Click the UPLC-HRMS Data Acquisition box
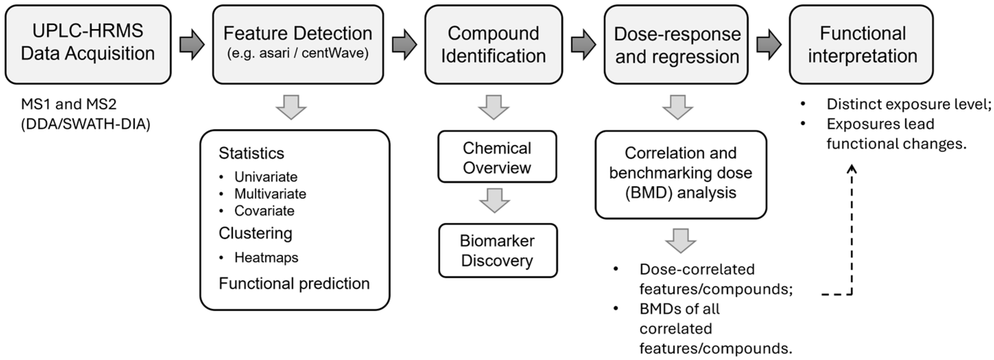click(x=88, y=44)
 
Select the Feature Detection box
click(x=298, y=44)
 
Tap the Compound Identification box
click(x=493, y=44)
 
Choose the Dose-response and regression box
click(x=676, y=44)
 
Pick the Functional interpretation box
click(x=861, y=44)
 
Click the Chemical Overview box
click(x=497, y=157)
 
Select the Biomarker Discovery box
click(x=498, y=250)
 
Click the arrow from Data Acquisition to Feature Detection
click(x=192, y=44)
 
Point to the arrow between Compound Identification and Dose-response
click(x=583, y=44)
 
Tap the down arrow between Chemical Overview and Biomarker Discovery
click(x=495, y=201)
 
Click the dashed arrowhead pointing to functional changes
click(x=852, y=169)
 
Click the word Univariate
click(x=266, y=177)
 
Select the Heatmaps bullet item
click(x=266, y=257)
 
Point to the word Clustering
click(x=255, y=233)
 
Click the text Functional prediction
click(x=294, y=283)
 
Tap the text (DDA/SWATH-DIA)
click(x=85, y=124)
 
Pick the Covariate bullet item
click(x=264, y=211)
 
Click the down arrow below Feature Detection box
click(x=291, y=107)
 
